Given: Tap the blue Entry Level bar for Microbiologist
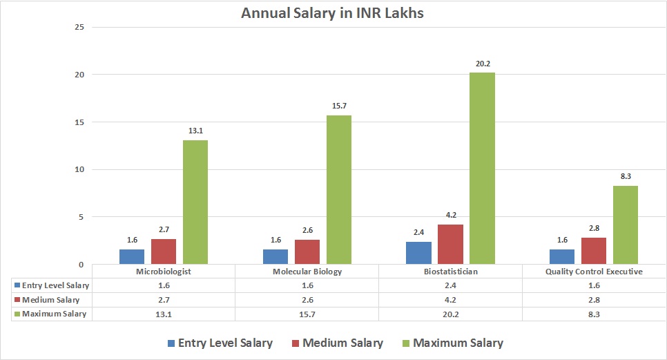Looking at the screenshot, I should [x=132, y=256].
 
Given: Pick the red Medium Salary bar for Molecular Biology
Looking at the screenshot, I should [x=307, y=252].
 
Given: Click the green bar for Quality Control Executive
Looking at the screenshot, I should [x=626, y=225].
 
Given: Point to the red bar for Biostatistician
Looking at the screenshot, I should [x=450, y=244].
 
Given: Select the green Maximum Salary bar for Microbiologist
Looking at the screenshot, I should [x=195, y=202].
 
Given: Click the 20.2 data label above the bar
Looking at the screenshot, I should [x=482, y=64].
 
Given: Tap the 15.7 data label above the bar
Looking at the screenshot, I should [x=339, y=106].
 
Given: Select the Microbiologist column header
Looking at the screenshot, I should [x=163, y=272].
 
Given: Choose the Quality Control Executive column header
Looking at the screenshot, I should [x=594, y=272].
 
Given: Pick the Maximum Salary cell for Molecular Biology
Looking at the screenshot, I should [x=307, y=314].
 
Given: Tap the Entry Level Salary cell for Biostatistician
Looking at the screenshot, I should [x=450, y=285].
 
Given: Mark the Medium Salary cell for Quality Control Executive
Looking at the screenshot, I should [x=594, y=300].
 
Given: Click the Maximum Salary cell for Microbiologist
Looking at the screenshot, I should [x=163, y=314].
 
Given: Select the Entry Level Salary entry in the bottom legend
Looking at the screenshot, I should [x=220, y=343].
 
